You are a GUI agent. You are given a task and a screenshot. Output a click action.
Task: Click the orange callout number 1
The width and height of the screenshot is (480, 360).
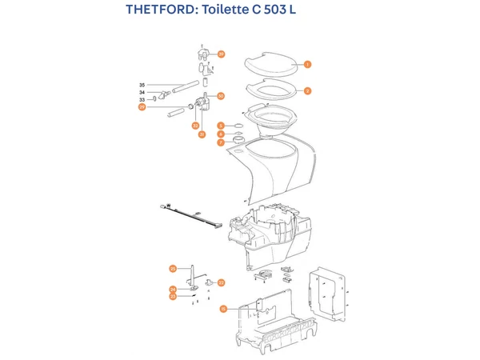point(307,64)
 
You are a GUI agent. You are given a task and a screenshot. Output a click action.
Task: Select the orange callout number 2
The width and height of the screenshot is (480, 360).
point(307,91)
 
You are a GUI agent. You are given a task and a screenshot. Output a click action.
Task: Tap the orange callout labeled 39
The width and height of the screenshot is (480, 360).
point(222,54)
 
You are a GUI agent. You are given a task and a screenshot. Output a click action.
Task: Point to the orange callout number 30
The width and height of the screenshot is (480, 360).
point(221,96)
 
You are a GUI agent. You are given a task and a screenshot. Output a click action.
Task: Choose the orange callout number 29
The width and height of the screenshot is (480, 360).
point(142,106)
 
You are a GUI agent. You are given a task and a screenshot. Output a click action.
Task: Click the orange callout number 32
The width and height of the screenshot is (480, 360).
point(194,126)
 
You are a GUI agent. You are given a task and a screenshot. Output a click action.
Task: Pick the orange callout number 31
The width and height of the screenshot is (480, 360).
point(202,134)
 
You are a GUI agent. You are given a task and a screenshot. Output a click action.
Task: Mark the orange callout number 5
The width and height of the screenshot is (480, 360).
point(221,126)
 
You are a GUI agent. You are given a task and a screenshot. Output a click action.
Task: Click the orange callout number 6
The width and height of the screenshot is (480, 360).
point(221,134)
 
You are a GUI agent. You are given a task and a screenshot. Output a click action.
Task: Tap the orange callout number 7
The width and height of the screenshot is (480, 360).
point(221,142)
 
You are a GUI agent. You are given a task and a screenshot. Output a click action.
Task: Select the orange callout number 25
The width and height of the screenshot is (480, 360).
point(172,268)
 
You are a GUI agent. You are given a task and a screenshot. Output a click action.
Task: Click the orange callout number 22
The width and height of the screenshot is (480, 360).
point(222,282)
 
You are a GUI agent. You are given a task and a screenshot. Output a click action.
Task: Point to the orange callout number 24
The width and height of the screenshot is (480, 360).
point(172,289)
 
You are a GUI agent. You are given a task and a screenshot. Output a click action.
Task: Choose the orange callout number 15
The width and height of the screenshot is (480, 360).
point(223,308)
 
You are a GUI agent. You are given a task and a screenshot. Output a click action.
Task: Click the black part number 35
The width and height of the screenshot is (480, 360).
point(142,85)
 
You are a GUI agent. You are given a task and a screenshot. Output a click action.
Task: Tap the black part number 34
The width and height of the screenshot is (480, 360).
point(142,93)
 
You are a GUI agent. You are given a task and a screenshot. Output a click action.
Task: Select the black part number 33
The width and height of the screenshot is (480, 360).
point(142,100)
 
